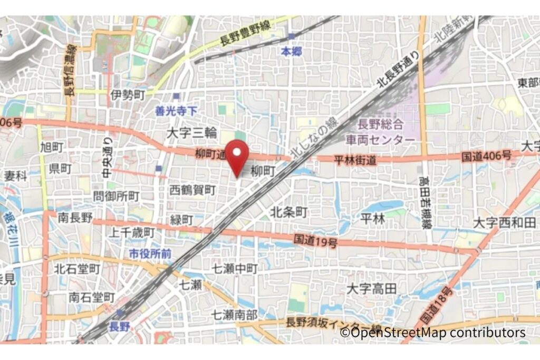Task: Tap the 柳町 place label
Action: [x=263, y=171]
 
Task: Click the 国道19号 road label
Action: [x=315, y=241]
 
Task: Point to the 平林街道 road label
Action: [x=355, y=160]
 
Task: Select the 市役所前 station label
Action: [x=150, y=254]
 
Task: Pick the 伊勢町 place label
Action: [x=128, y=95]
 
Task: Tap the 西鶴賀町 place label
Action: [x=192, y=189]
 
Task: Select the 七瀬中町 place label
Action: [x=235, y=268]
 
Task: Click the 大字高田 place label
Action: [x=372, y=288]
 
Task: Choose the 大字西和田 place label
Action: [x=505, y=222]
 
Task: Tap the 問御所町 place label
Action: [x=116, y=196]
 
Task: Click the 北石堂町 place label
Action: [x=77, y=269]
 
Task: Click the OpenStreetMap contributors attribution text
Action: [x=432, y=333]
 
